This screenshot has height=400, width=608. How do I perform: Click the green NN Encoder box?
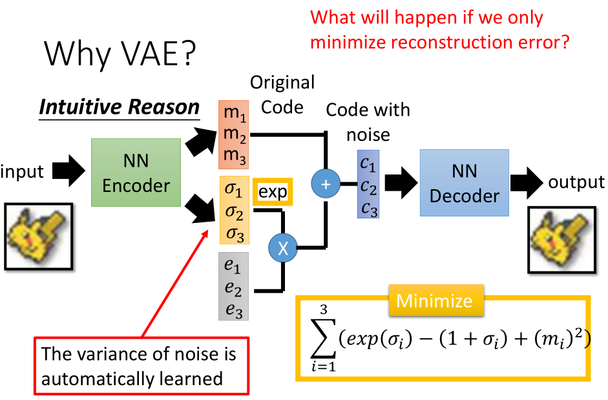[136, 173]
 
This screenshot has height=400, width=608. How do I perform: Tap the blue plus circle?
[326, 184]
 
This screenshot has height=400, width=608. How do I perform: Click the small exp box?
[273, 192]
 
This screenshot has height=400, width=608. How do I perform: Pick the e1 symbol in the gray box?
[233, 267]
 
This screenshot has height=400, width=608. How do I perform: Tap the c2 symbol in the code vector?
[368, 187]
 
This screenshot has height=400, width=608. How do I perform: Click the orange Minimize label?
[434, 301]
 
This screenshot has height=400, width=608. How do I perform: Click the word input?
[23, 171]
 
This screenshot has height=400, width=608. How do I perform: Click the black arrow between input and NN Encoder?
[67, 171]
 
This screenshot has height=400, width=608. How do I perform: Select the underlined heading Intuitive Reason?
[120, 107]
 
